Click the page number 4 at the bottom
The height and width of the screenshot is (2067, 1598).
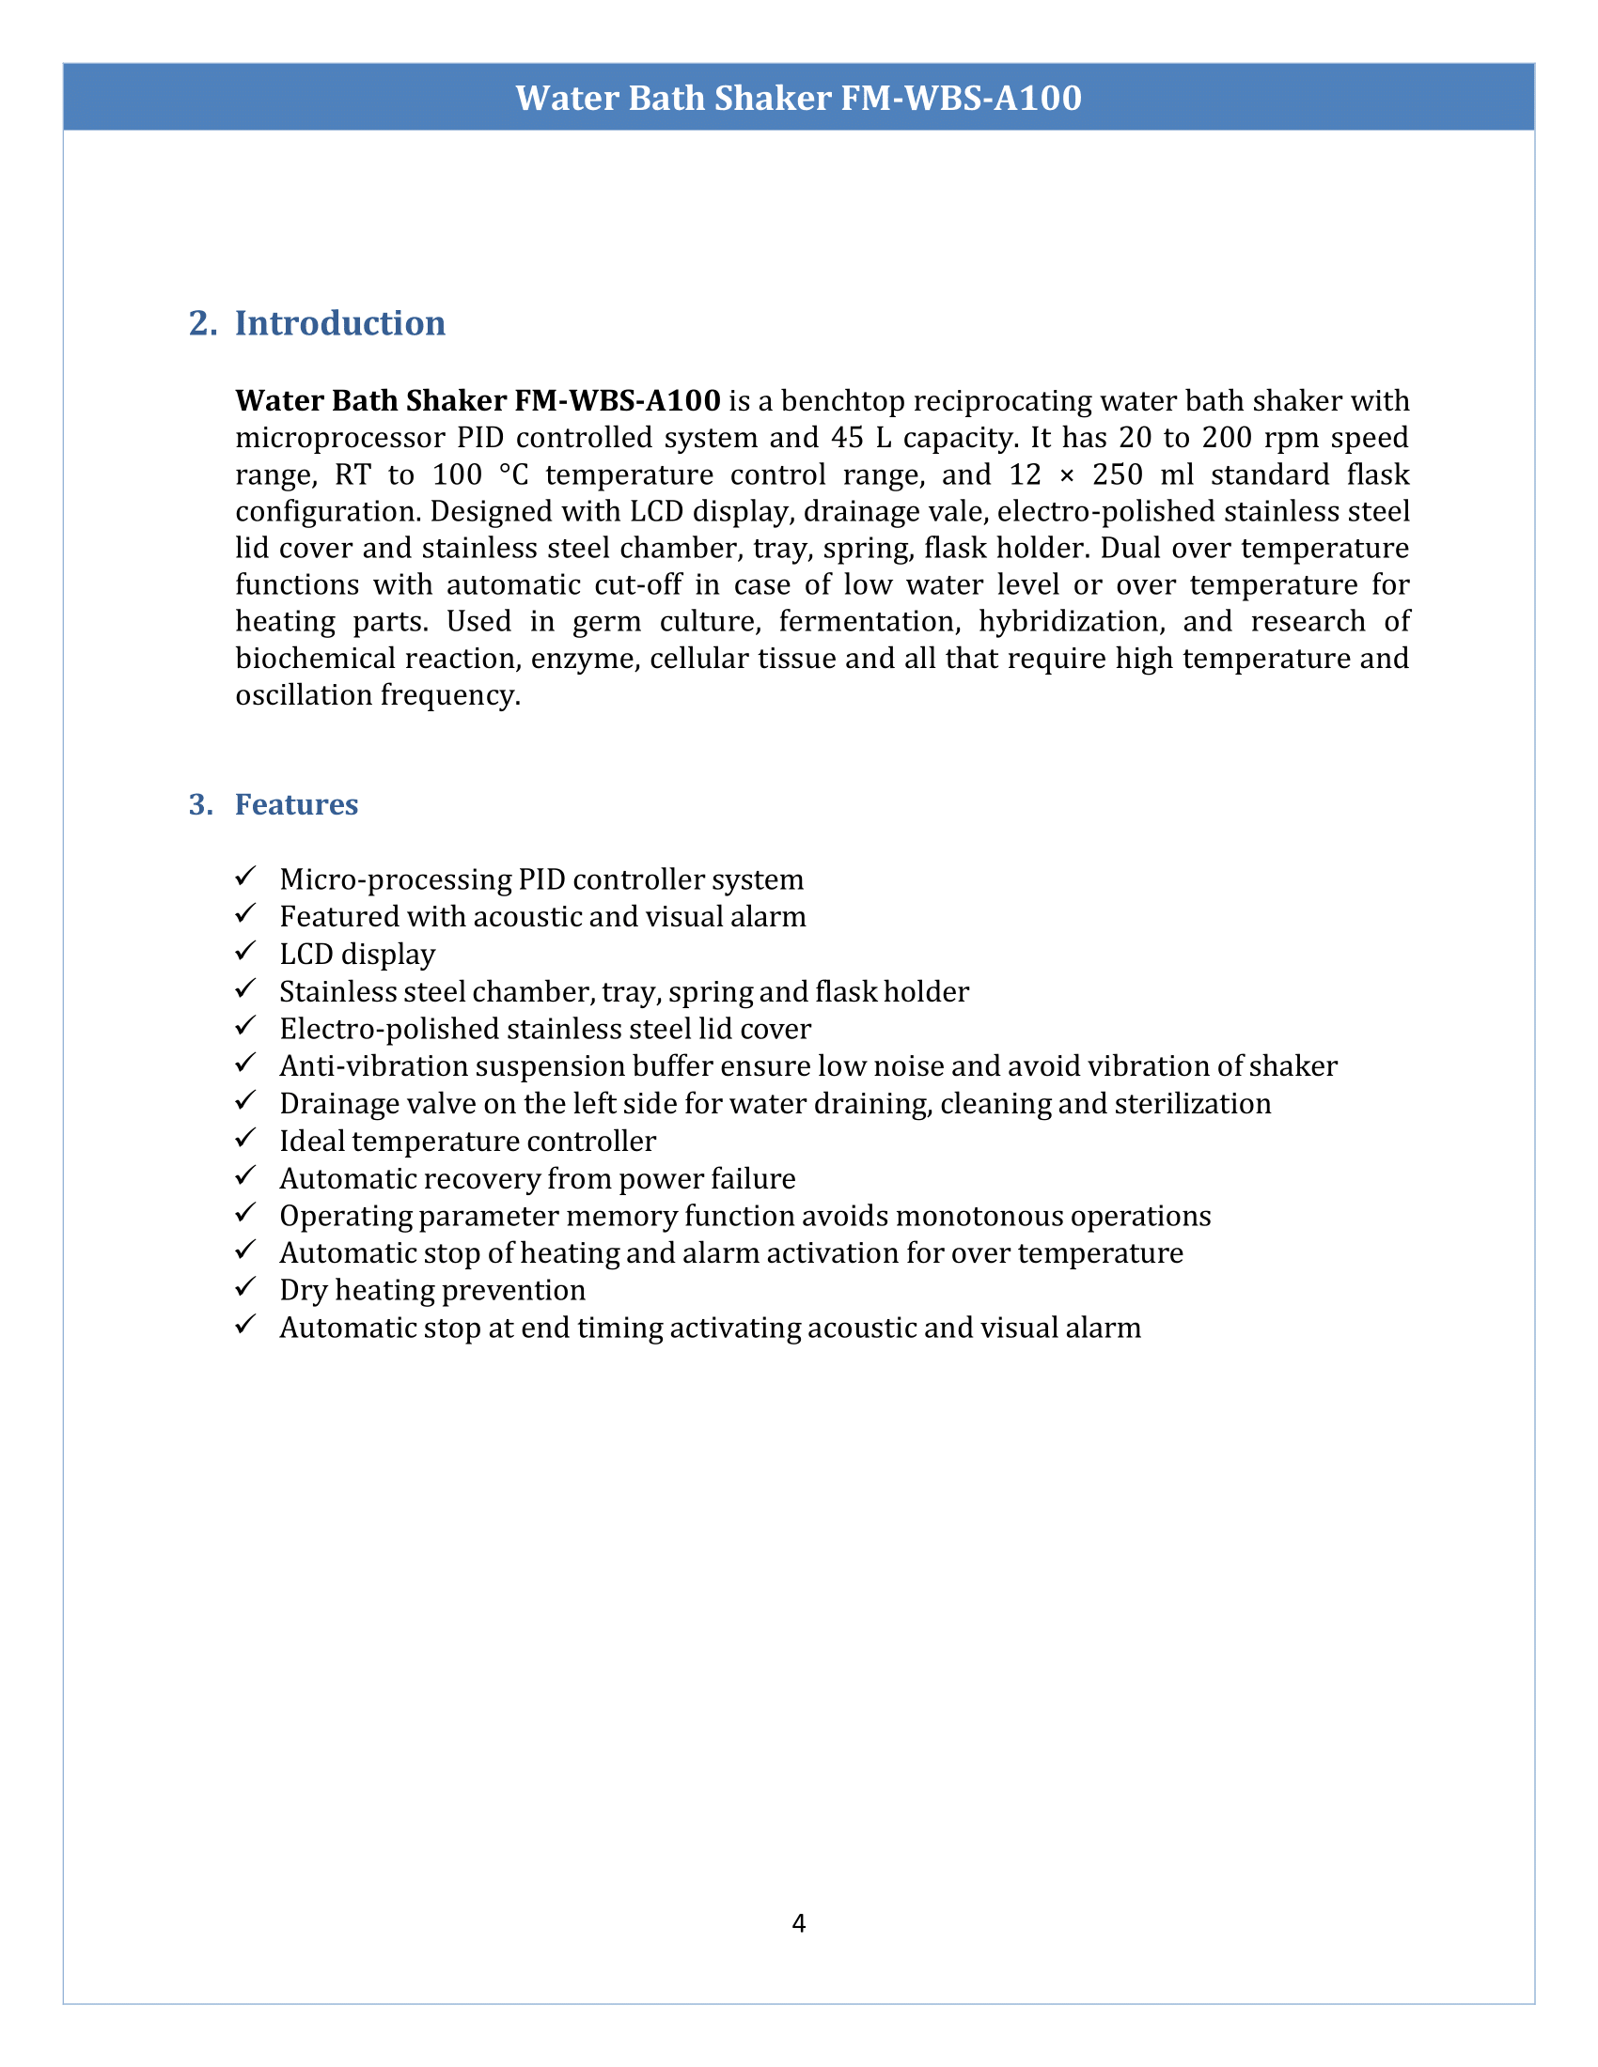tap(798, 1924)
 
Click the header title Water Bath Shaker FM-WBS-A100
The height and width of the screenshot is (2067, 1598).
tap(798, 99)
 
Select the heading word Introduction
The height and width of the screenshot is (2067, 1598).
tap(340, 324)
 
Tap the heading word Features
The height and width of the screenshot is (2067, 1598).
tap(296, 804)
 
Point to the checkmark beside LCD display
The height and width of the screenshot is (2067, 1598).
tap(246, 951)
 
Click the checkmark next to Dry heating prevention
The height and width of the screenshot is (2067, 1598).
tap(246, 1287)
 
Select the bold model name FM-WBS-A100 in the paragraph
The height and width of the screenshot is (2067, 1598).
tap(617, 401)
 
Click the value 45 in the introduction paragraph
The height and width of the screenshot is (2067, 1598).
tap(847, 438)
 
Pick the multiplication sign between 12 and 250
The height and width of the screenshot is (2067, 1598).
tap(1067, 475)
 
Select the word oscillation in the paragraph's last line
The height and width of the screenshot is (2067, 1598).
tap(304, 695)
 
